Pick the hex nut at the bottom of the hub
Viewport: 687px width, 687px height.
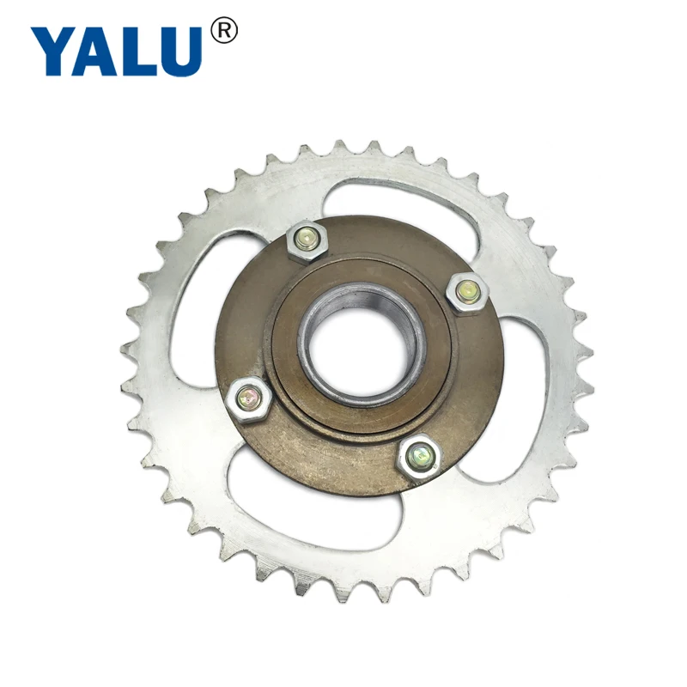pyautogui.click(x=419, y=454)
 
